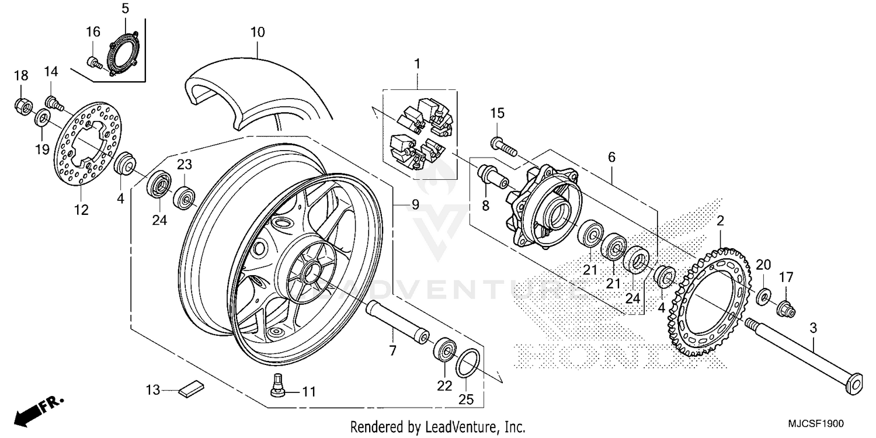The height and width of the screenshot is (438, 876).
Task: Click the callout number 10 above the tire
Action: pyautogui.click(x=258, y=32)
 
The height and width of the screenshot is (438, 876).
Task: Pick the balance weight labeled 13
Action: pyautogui.click(x=191, y=388)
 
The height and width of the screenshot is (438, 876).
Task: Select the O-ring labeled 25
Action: pyautogui.click(x=468, y=364)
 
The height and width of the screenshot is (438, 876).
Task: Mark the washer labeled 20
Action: pyautogui.click(x=763, y=297)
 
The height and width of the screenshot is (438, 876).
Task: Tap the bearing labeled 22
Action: pyautogui.click(x=444, y=351)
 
